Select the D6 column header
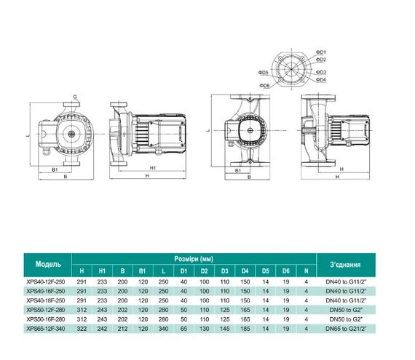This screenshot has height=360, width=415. pos(286,270)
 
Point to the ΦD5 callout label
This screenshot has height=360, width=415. pos(264,73)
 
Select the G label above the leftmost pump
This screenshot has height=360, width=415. pos(76,96)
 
